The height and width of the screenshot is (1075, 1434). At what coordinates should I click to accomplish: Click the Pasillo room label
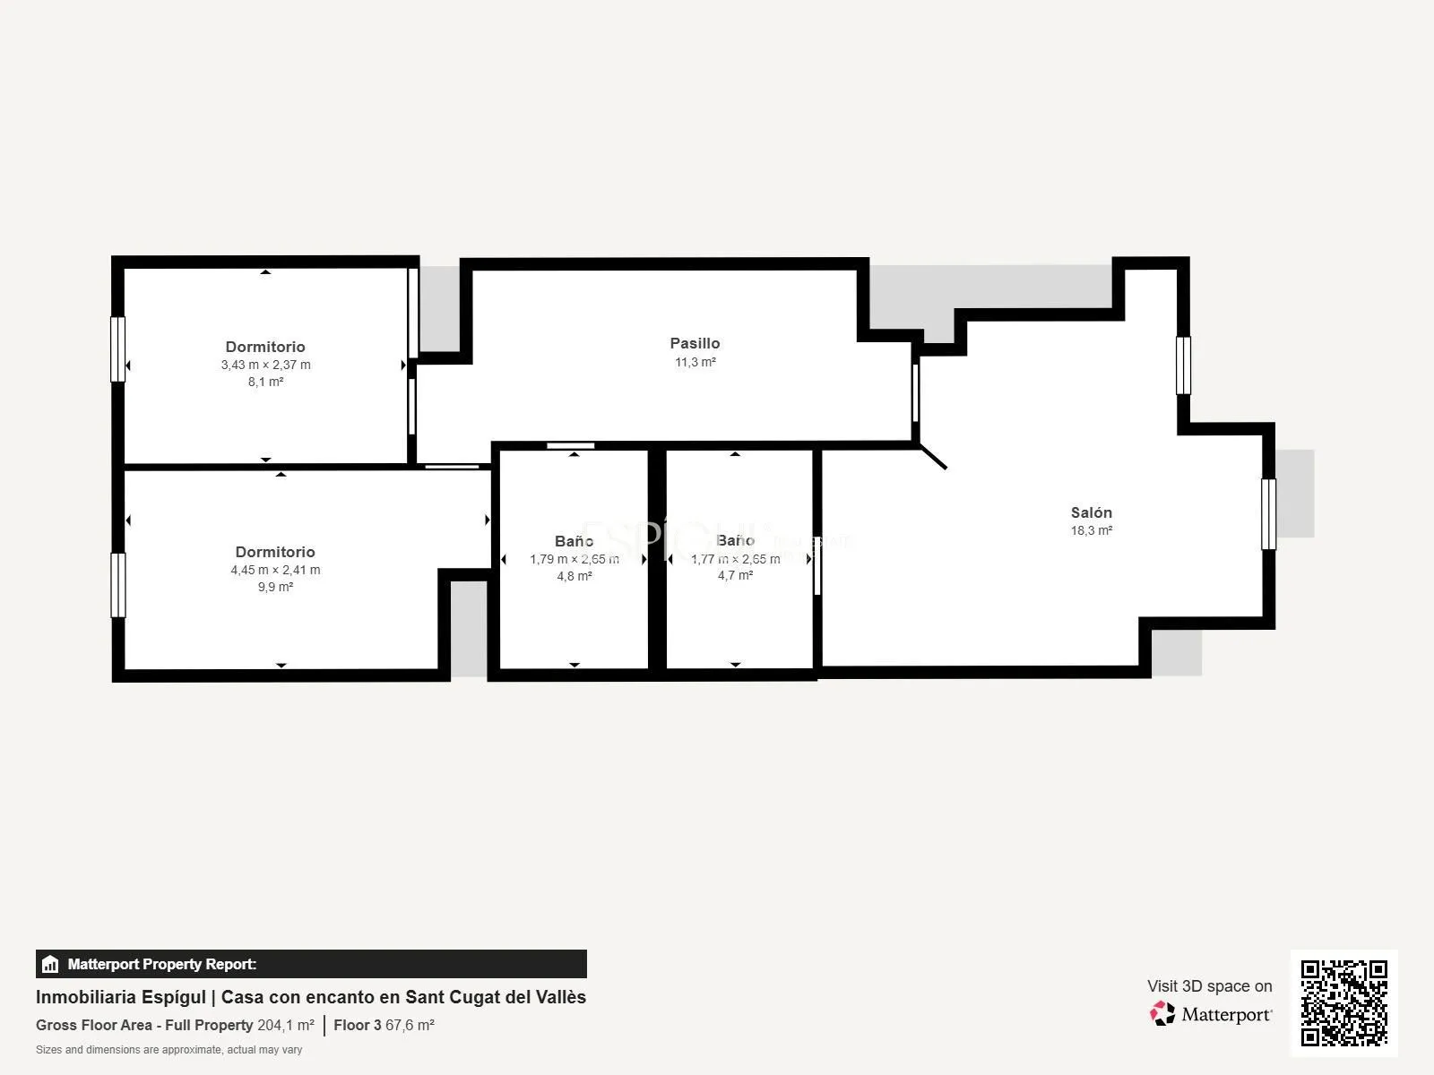(x=695, y=343)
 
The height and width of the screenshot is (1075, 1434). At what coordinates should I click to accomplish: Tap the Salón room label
(x=1091, y=513)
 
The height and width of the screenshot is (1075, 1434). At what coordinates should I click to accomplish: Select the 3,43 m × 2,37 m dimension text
(x=266, y=365)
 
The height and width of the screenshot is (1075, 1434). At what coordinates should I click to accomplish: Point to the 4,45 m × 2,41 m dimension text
(x=275, y=570)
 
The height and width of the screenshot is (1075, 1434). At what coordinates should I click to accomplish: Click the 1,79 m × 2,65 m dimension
(x=574, y=559)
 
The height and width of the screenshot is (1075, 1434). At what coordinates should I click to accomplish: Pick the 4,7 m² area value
(x=735, y=575)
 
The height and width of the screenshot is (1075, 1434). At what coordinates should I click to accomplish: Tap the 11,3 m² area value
(x=695, y=362)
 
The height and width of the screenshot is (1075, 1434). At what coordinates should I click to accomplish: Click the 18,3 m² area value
(x=1091, y=530)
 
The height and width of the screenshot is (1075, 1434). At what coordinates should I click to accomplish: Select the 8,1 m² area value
(x=265, y=382)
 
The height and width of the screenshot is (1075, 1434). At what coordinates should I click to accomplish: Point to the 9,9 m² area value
(x=275, y=587)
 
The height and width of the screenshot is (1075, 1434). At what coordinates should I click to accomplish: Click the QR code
(x=1343, y=1003)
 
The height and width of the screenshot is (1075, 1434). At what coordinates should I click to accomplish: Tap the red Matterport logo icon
(x=1162, y=1014)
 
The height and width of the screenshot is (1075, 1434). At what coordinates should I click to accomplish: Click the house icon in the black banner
(x=50, y=964)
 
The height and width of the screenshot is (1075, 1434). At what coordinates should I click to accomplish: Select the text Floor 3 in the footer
(x=358, y=1026)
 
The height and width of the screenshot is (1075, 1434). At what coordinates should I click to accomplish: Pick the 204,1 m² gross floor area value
(x=286, y=1026)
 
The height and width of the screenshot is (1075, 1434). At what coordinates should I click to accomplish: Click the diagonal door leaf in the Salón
(x=934, y=457)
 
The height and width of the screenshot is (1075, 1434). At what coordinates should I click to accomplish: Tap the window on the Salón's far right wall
(x=1268, y=514)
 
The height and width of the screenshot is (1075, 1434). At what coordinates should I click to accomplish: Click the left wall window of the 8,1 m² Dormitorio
(x=117, y=349)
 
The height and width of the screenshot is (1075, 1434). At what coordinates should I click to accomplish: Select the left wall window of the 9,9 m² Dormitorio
(x=117, y=586)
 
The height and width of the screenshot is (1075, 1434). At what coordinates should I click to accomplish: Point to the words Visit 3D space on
(x=1209, y=986)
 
